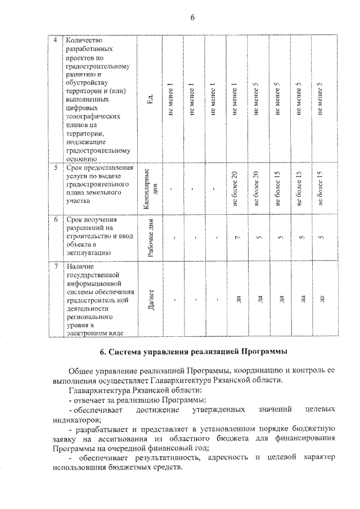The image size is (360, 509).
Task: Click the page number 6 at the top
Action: [192, 17]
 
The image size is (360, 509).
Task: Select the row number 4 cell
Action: [55, 40]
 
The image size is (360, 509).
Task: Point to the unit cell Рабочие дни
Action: [151, 237]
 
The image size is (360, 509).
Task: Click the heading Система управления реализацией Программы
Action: [193, 353]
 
